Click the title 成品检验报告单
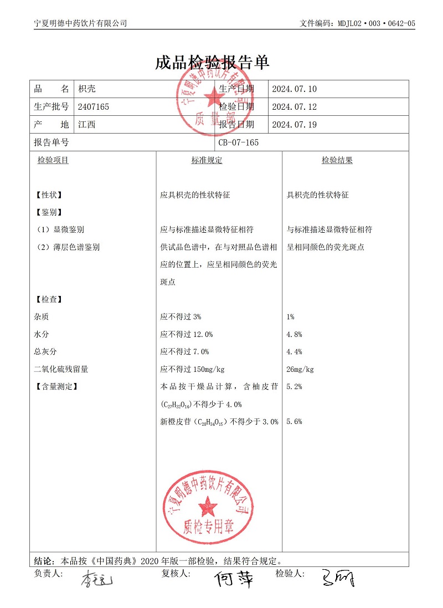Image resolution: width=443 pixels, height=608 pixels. point(213,63)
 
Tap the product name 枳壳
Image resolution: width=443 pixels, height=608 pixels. point(87,89)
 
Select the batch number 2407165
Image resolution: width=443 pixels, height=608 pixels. point(94,107)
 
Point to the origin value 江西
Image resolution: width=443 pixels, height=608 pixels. point(87,125)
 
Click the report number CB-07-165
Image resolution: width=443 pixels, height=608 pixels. point(238,142)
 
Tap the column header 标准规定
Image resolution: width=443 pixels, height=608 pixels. point(207,161)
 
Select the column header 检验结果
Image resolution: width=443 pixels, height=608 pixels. point(337,161)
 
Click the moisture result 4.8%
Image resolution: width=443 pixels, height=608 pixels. point(294,334)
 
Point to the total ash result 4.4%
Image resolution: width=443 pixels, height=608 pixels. point(294,352)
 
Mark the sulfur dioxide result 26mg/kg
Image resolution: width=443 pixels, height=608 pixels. point(300,370)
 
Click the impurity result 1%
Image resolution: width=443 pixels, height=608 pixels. point(291,316)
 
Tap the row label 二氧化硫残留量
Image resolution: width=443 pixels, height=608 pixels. point(61,370)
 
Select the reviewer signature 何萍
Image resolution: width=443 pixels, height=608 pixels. point(235,579)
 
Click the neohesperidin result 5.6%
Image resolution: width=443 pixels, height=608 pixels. point(294,422)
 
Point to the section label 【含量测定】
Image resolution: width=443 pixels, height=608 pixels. point(55,387)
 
